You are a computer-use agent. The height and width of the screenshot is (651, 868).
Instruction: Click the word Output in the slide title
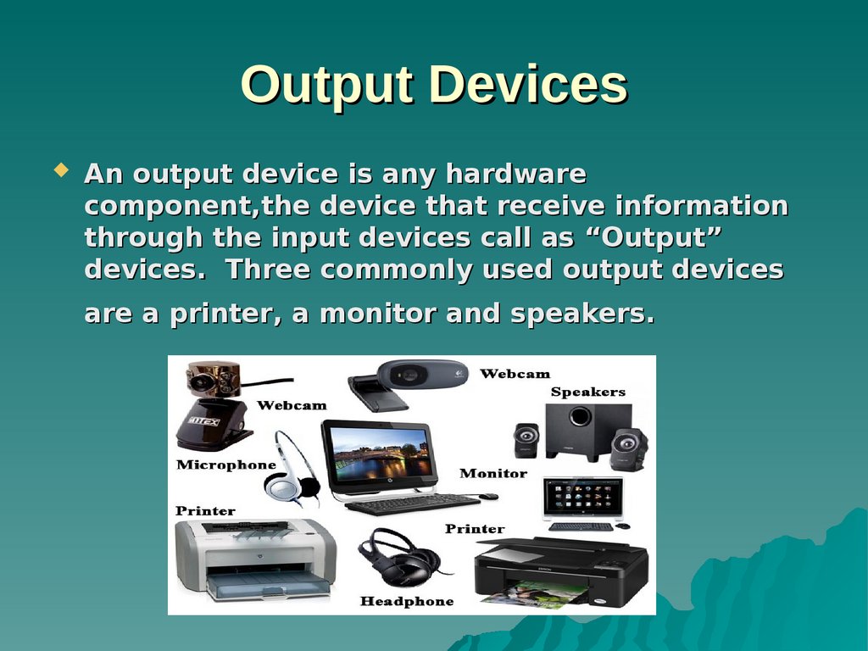326,86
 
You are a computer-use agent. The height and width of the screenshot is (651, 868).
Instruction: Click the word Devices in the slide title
528,85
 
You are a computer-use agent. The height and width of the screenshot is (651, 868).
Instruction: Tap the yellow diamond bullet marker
61,170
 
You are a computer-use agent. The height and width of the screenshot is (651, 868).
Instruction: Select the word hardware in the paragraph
515,173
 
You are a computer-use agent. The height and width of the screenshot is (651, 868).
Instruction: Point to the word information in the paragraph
701,205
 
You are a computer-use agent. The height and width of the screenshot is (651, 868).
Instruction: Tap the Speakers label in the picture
588,392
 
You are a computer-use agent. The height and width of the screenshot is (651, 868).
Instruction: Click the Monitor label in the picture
493,473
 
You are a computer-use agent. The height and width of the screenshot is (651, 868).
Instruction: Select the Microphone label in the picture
225,465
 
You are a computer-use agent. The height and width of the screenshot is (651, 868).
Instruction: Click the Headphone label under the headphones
407,601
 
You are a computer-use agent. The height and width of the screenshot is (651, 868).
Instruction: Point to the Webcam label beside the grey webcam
515,374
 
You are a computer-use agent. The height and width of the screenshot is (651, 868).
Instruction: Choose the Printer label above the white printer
205,511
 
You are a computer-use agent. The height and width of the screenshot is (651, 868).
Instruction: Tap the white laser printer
256,559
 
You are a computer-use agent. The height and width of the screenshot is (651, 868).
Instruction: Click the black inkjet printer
561,573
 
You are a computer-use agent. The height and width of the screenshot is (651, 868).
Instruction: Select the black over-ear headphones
403,559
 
